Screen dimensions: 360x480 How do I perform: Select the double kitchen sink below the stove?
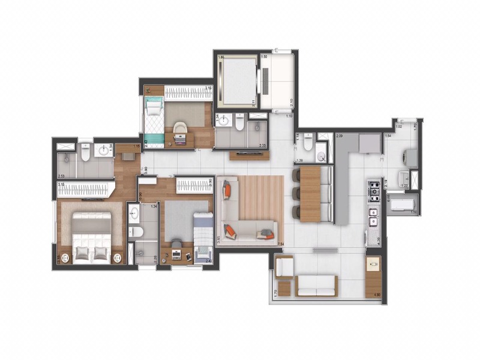click(x=373, y=216)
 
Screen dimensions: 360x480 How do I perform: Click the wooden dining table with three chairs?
click(x=310, y=194)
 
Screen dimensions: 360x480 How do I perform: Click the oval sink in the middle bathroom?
click(x=134, y=214)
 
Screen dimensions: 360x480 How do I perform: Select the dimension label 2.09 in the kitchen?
click(x=340, y=137)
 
